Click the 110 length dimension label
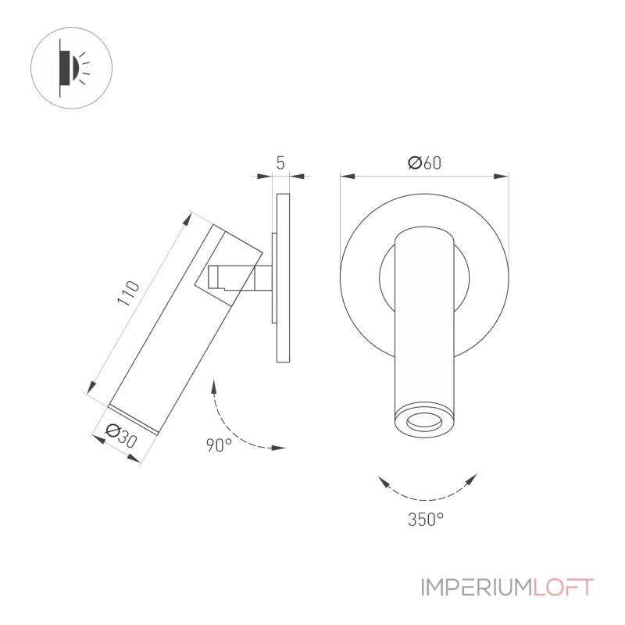(128, 293)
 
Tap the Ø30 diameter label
(121, 436)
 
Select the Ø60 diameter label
(424, 162)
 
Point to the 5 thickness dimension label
(280, 162)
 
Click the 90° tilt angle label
(220, 445)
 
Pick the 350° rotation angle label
(426, 519)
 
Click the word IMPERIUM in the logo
(477, 587)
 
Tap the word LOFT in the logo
(563, 587)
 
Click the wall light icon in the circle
(71, 68)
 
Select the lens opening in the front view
(424, 421)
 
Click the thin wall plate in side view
(283, 278)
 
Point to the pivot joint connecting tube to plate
(240, 277)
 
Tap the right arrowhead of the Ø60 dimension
(501, 177)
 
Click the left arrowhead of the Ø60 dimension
(348, 177)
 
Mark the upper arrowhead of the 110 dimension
(187, 220)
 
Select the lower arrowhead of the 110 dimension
(91, 387)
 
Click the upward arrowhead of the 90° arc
(214, 387)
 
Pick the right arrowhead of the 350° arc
(471, 479)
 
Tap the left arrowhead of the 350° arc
(384, 481)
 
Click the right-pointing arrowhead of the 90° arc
(278, 448)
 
